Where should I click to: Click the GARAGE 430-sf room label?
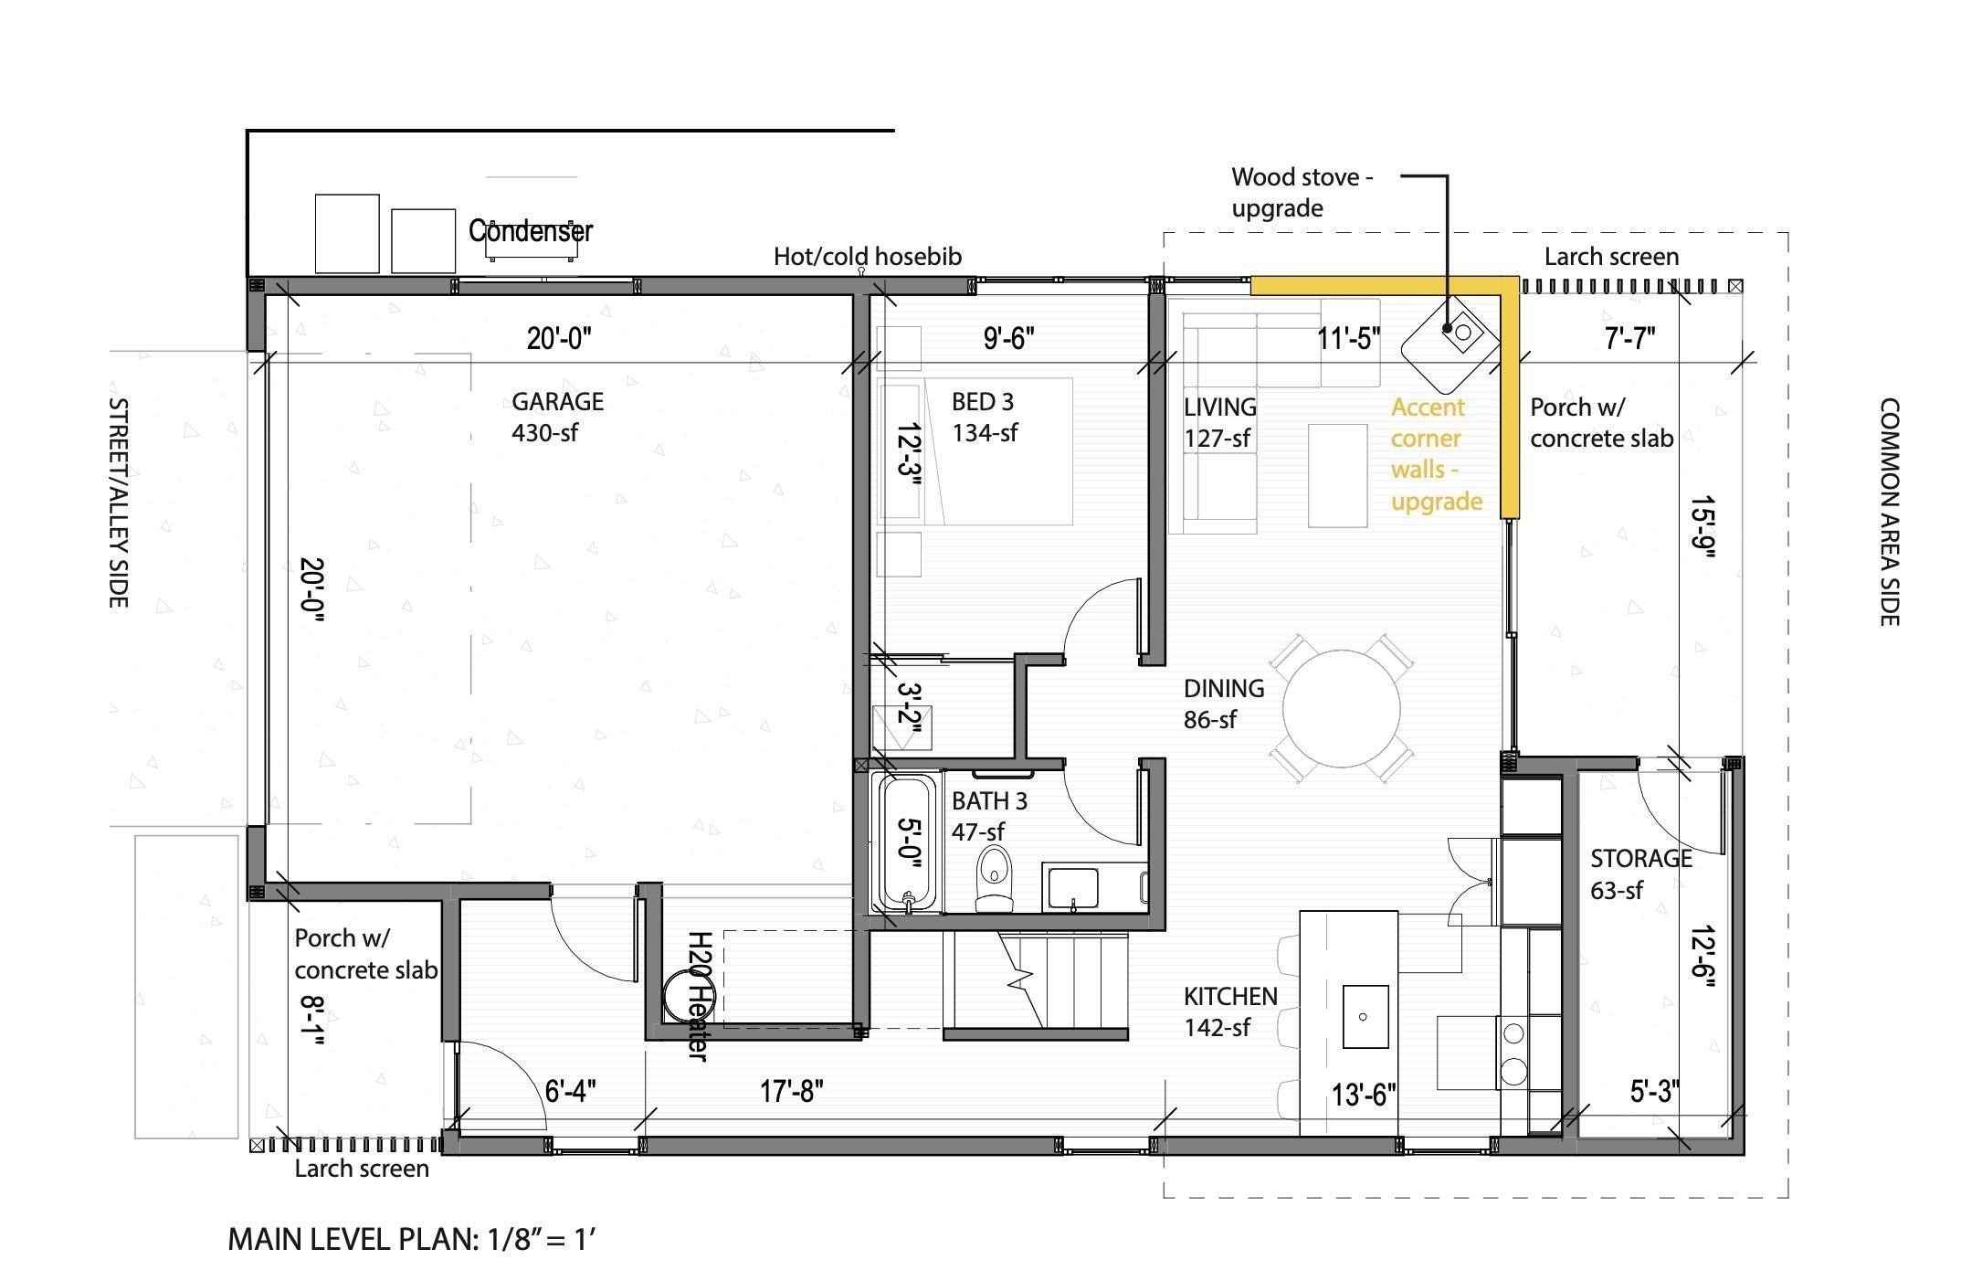[557, 417]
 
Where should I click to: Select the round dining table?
[1341, 708]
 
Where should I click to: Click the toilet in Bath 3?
[995, 877]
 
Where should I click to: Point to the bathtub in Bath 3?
[906, 843]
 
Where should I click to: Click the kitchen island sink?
[1365, 1016]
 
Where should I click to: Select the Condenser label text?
[531, 230]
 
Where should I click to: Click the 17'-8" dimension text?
[791, 1091]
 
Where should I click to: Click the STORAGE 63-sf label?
[1640, 873]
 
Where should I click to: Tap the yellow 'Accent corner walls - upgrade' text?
[1435, 454]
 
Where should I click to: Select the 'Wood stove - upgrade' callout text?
[1301, 192]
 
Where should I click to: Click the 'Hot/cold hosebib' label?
[867, 257]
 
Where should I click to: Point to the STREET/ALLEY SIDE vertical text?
[118, 502]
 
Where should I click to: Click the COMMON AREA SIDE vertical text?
[1889, 512]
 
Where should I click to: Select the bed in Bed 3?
[996, 451]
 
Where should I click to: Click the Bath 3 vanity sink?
[1072, 888]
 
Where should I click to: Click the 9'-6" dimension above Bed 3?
[1008, 339]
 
